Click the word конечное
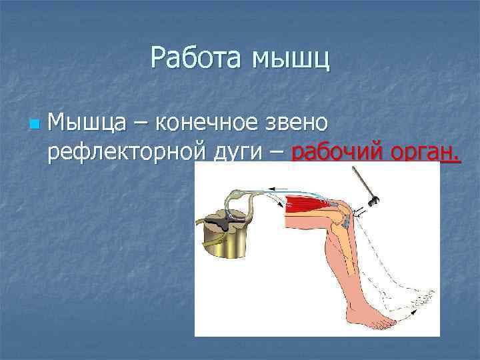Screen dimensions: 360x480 [212, 123]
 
